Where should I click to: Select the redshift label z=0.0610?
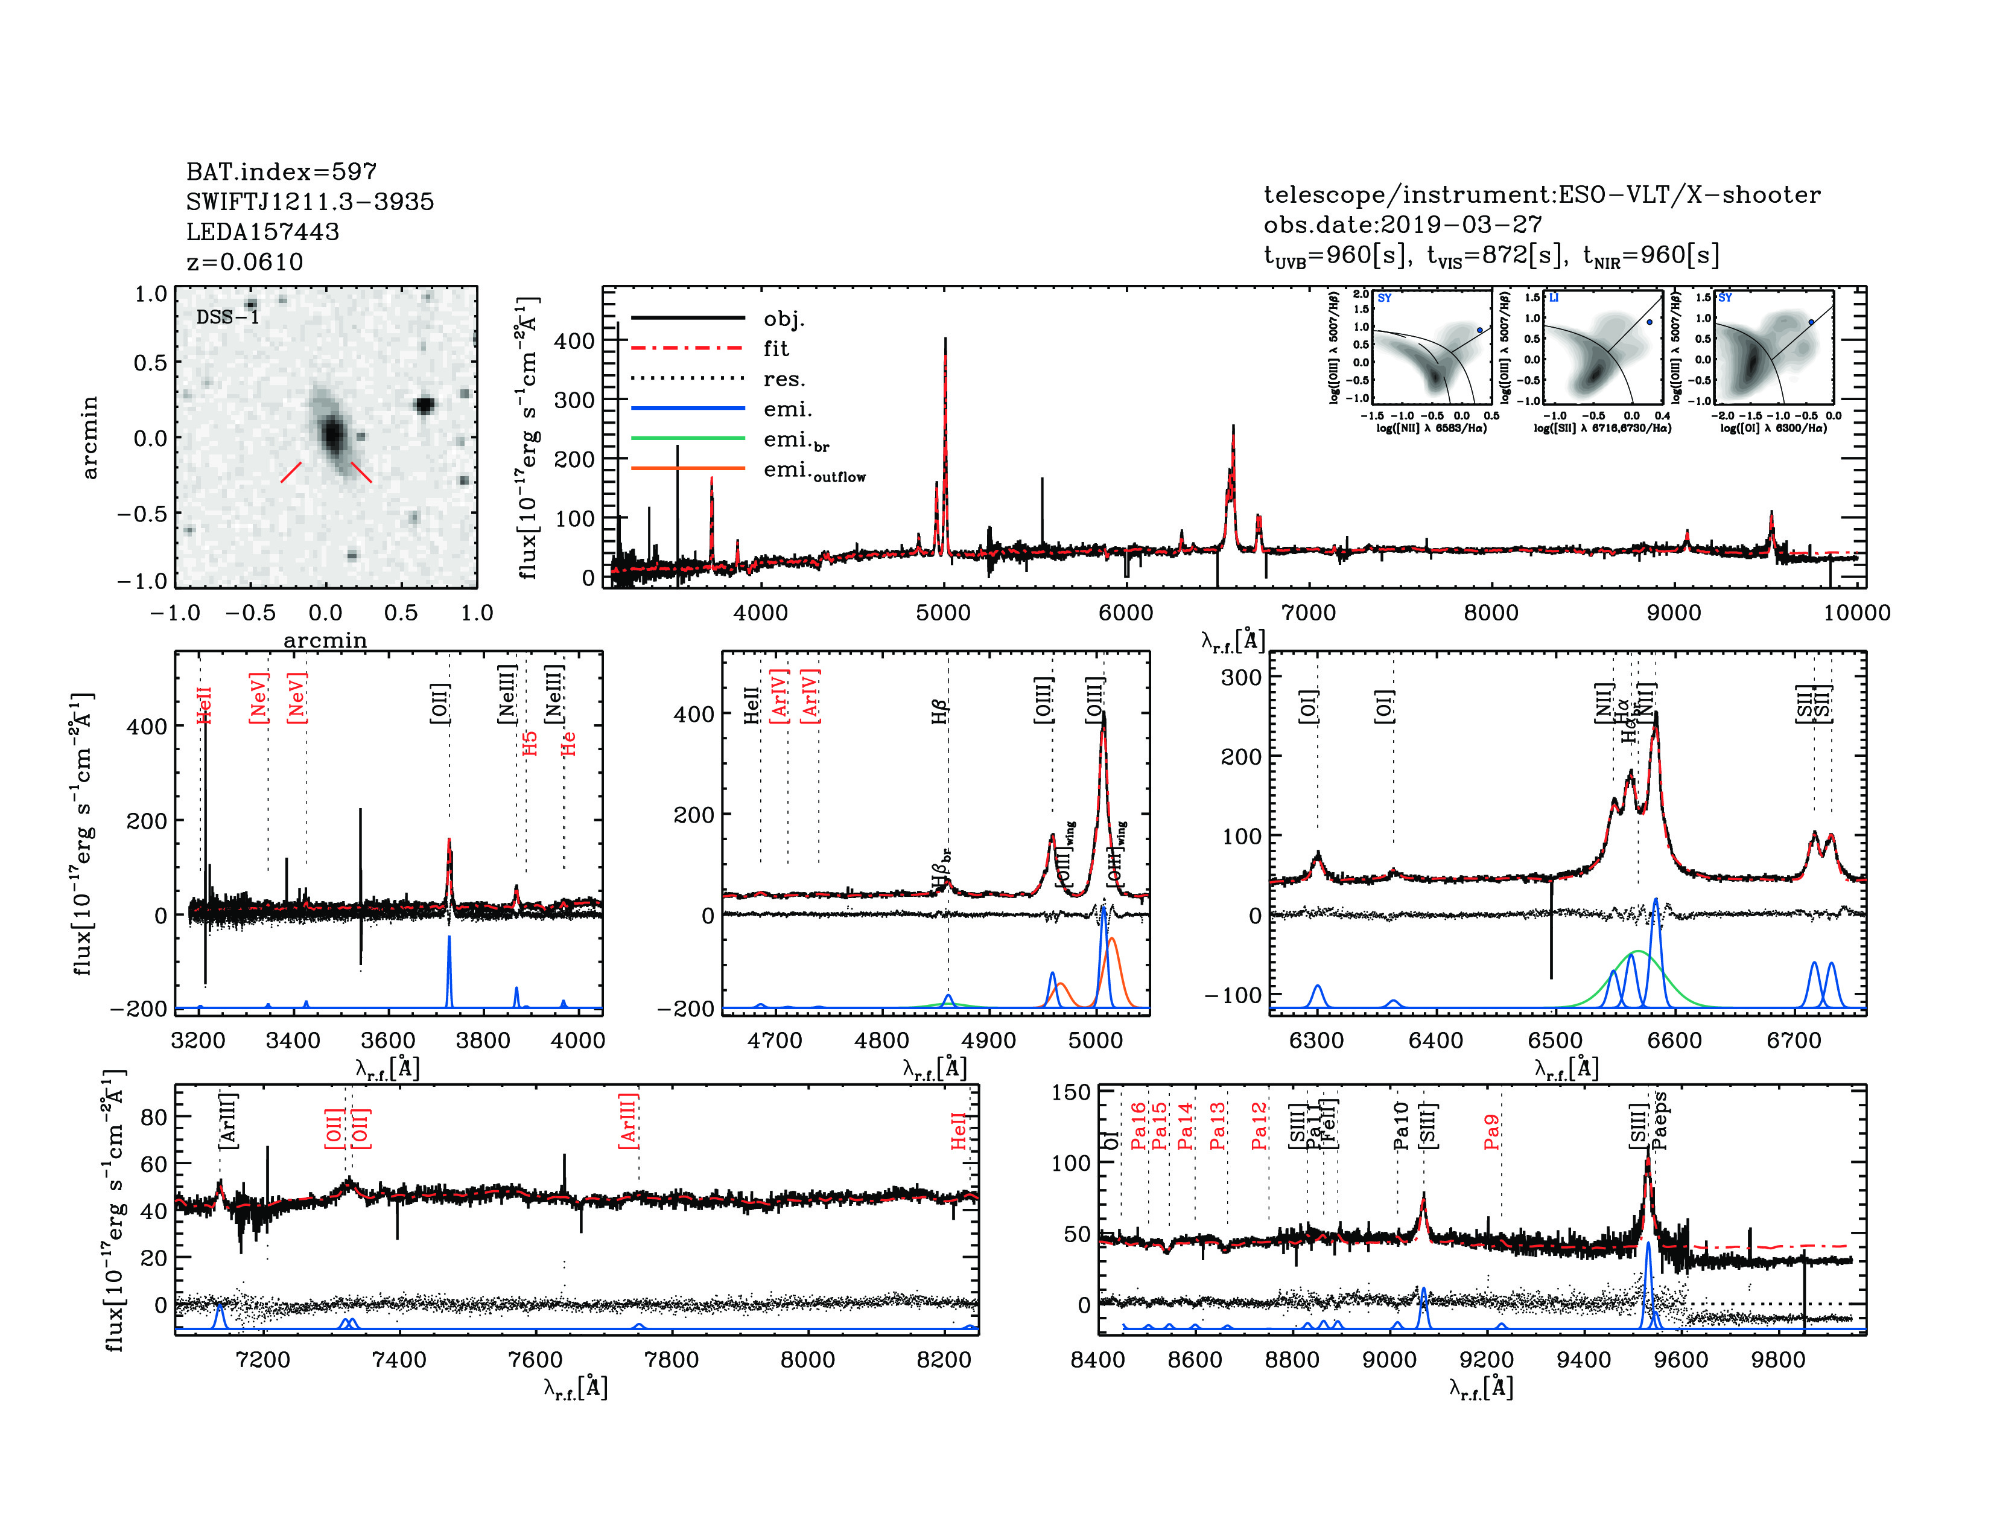244,262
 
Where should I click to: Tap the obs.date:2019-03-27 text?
1402,225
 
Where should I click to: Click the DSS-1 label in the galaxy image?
228,317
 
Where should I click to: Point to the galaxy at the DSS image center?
333,435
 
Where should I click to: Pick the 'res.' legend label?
784,379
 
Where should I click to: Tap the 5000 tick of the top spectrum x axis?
944,613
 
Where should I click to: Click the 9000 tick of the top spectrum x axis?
1674,613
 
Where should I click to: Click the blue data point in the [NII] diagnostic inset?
1479,331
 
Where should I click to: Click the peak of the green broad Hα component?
1638,952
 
